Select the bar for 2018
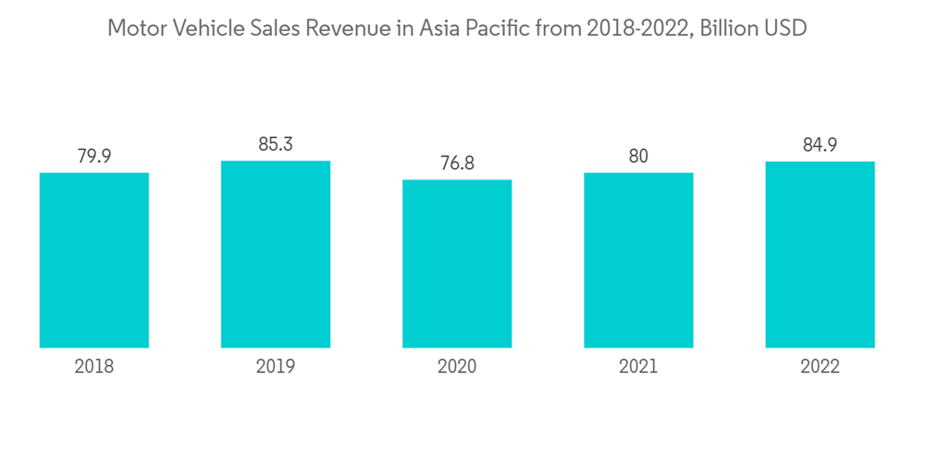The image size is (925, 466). [94, 260]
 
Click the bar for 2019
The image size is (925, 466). [276, 254]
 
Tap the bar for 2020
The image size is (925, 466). [457, 264]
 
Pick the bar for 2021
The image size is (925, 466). [638, 260]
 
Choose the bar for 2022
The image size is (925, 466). [820, 254]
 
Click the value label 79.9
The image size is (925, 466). [94, 156]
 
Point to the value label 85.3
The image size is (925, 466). [276, 144]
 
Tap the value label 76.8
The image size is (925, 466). [457, 163]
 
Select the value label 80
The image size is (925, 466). [638, 156]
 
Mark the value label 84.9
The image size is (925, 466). [820, 145]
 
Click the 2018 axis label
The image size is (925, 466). [94, 367]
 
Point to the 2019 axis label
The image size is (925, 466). [276, 367]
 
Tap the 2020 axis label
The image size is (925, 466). [457, 367]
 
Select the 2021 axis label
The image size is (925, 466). [638, 367]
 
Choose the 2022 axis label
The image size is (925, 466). [820, 367]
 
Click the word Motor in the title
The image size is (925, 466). [135, 29]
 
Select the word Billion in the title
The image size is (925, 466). [728, 29]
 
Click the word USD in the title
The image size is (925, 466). [787, 29]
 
